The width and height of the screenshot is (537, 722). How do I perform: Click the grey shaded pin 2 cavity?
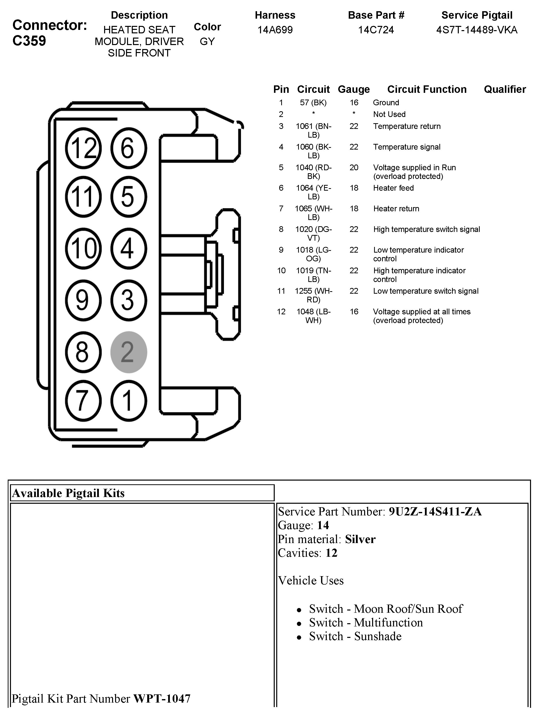[129, 352]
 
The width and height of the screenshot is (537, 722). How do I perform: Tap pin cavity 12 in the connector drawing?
[83, 148]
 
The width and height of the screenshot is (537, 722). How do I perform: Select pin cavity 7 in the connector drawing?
[83, 401]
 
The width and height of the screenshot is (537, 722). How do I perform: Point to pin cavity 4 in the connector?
[129, 248]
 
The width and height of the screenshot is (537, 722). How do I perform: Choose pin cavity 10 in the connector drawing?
[83, 248]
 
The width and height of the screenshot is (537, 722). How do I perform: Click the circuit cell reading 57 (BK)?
[313, 103]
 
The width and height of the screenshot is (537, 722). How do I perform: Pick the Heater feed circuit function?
[393, 188]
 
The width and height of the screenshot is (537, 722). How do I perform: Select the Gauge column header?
[354, 89]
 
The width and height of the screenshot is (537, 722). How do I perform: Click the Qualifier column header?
[504, 89]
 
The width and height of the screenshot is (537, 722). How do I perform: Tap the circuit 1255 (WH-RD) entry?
[313, 295]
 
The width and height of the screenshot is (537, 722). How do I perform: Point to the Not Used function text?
[389, 114]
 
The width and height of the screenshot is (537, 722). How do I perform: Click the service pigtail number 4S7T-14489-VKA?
[476, 30]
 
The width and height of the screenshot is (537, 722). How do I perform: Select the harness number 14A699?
[275, 30]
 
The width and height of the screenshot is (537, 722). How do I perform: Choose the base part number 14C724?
[376, 30]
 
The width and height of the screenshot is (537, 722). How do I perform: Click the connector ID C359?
[29, 41]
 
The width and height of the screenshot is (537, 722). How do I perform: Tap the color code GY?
[207, 42]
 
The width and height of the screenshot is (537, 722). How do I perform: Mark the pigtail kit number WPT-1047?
[162, 698]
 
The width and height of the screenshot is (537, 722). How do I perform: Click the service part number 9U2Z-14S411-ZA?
[435, 511]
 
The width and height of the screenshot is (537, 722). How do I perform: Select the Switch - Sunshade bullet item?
[355, 636]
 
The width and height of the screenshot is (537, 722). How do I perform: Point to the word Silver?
[360, 539]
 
